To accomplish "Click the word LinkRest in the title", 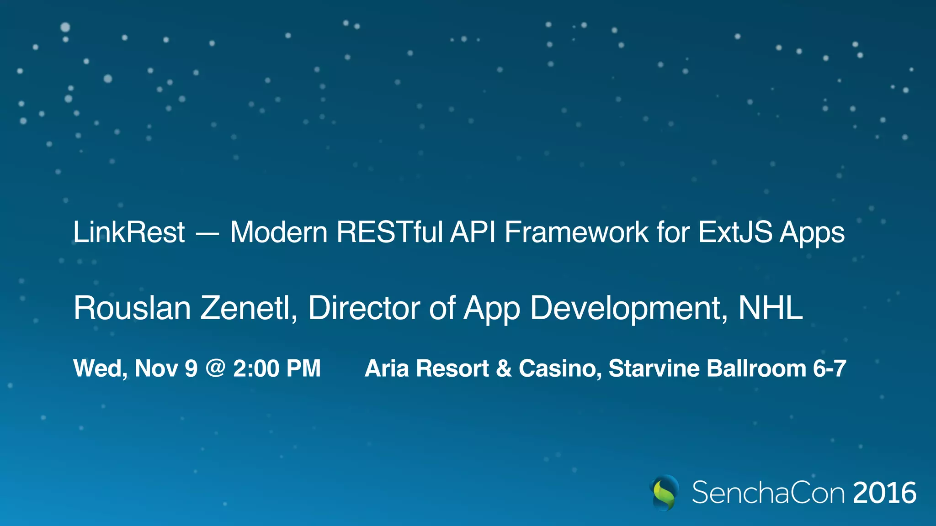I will [129, 232].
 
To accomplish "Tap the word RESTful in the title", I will [390, 232].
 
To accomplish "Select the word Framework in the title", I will [576, 232].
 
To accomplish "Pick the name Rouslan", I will [132, 308].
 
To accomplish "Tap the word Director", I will [364, 308].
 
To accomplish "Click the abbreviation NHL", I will [770, 308].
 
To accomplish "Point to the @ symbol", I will [215, 368].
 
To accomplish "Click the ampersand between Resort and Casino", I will [503, 368].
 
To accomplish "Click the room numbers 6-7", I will [829, 368].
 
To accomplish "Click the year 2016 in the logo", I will [884, 493].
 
